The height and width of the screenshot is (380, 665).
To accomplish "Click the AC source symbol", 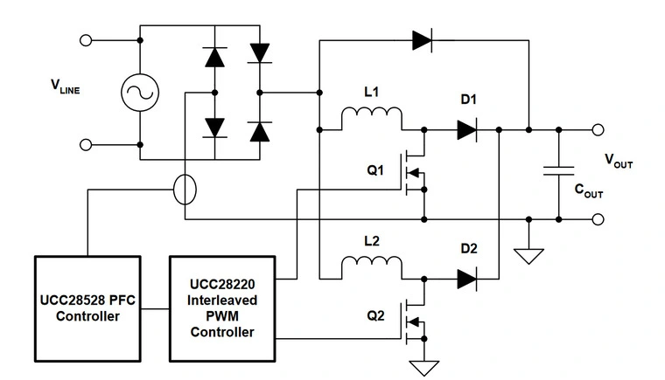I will click(x=140, y=91).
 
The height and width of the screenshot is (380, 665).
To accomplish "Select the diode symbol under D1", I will click(x=465, y=130).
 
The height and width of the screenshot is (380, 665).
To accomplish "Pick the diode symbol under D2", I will click(x=465, y=279).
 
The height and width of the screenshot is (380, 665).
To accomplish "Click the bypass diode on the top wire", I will click(x=423, y=38).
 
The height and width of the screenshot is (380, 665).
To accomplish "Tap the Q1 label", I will click(x=374, y=170).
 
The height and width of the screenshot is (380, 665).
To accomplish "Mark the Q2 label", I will click(x=374, y=318).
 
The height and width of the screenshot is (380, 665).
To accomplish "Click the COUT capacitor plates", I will click(x=557, y=171).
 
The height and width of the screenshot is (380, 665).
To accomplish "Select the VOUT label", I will click(x=619, y=161).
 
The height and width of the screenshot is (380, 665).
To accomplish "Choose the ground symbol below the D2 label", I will click(x=528, y=255).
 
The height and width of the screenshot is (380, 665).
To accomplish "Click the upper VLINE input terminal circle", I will click(x=86, y=39).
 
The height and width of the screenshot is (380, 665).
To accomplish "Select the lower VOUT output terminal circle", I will click(x=598, y=218).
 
